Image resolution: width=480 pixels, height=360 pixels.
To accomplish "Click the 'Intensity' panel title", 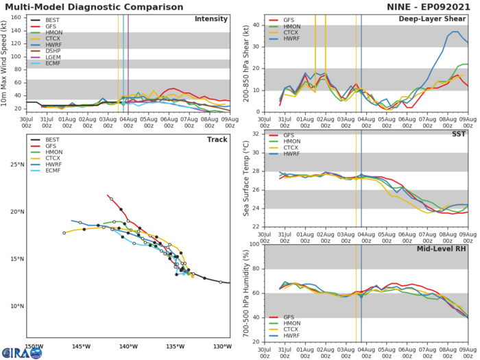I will (211, 19).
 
